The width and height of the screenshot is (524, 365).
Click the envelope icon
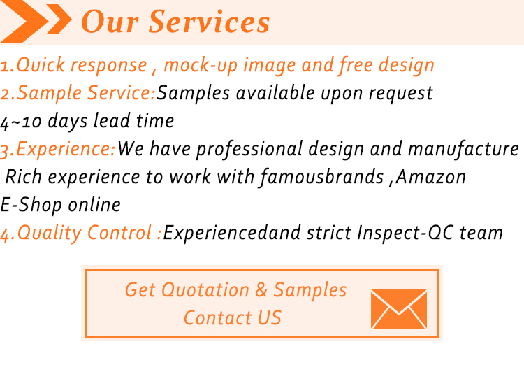(x=399, y=309)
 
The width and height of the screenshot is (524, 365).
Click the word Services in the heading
(x=209, y=22)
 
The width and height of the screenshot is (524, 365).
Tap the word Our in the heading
(x=110, y=22)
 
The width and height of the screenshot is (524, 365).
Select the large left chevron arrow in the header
(x=23, y=21)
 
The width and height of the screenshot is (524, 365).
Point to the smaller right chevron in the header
(x=59, y=19)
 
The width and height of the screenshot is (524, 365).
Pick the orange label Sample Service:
(x=86, y=93)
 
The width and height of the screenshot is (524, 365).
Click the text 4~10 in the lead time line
(x=21, y=122)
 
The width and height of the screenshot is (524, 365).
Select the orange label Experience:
(x=66, y=149)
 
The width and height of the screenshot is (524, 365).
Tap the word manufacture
(x=463, y=149)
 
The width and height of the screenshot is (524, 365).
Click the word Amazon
(x=431, y=177)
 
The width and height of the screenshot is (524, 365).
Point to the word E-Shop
(x=31, y=205)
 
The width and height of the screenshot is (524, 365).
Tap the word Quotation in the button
(x=205, y=289)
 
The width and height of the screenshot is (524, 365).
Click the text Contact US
(x=233, y=318)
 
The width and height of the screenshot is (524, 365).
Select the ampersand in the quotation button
(x=261, y=289)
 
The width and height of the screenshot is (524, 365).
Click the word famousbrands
(x=322, y=177)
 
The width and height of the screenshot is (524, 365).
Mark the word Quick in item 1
(x=40, y=64)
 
